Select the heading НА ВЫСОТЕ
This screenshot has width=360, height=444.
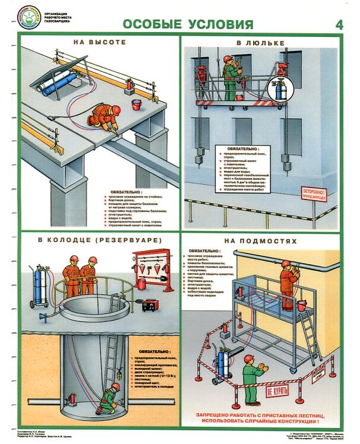point(100,43)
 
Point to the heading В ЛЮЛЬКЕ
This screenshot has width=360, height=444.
point(261,43)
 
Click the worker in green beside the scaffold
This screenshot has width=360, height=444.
point(252,380)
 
